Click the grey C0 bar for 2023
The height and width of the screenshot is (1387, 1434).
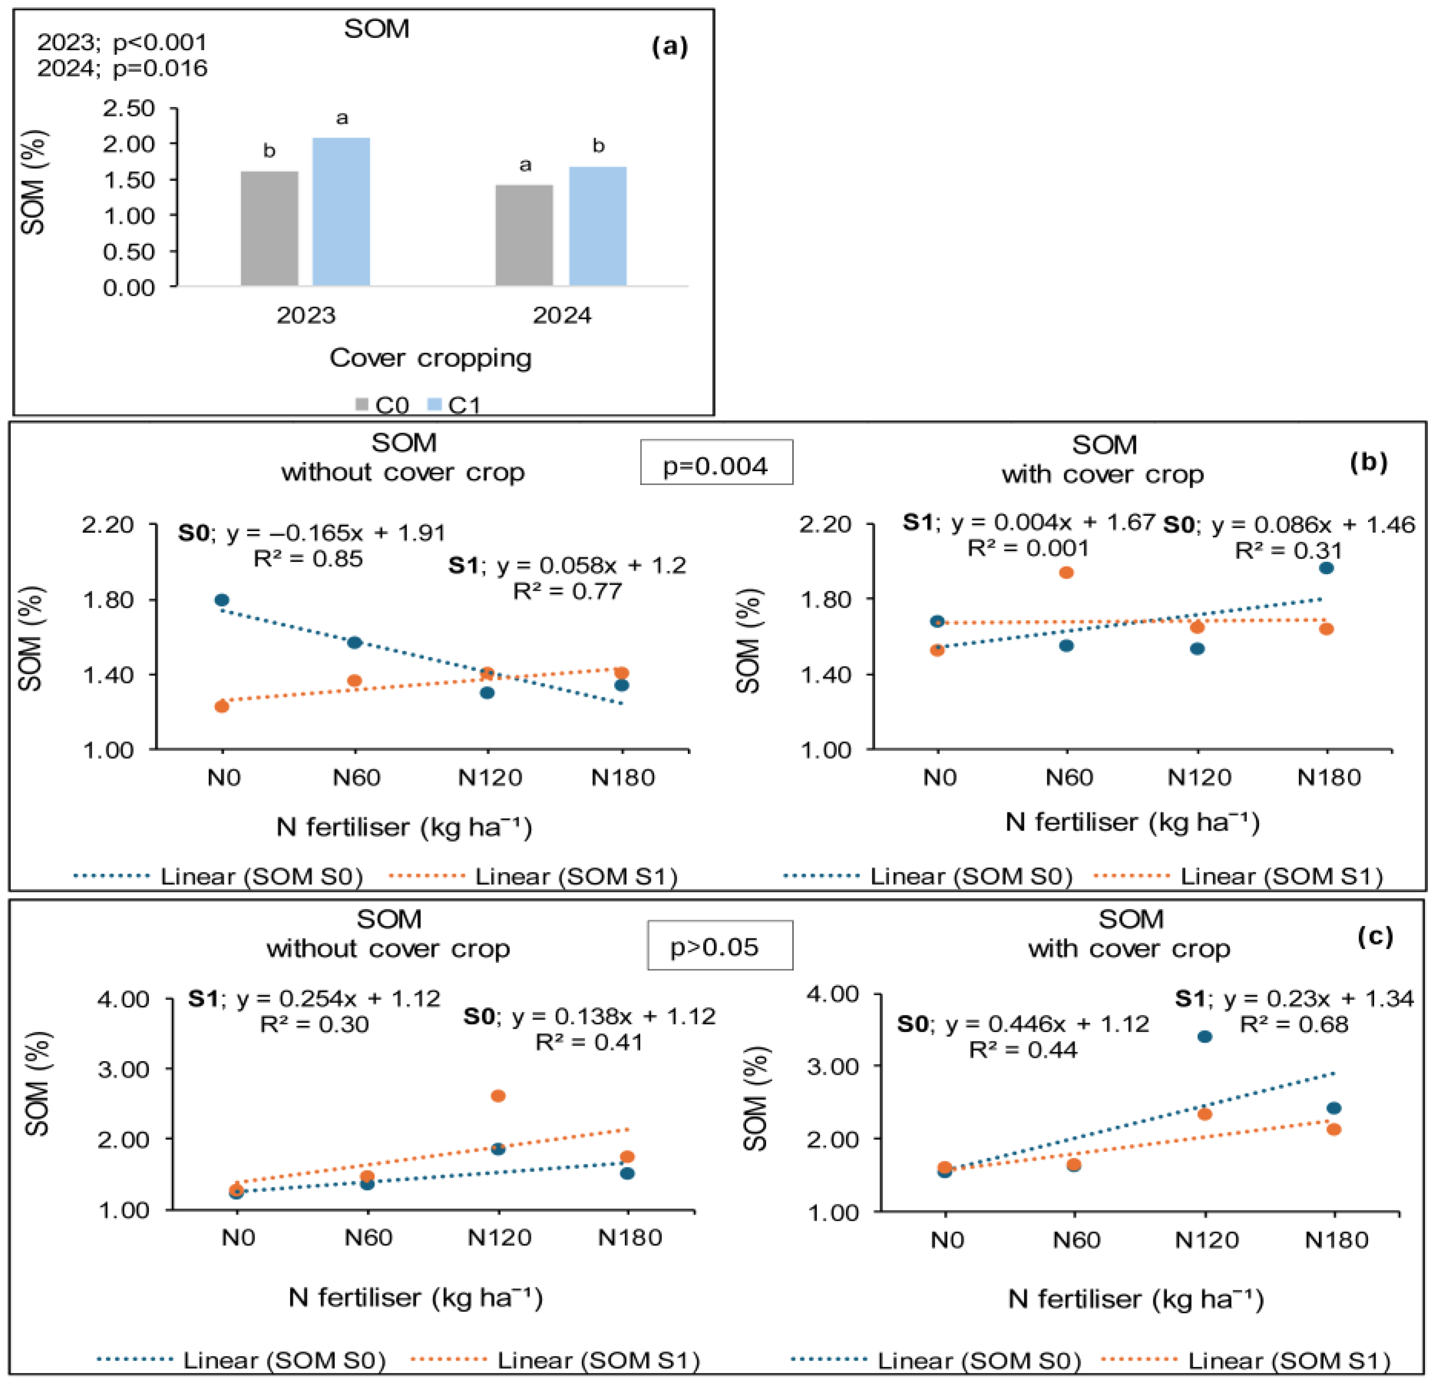[269, 228]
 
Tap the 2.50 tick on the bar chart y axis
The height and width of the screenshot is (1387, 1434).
[129, 108]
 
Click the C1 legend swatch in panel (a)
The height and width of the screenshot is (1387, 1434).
[435, 404]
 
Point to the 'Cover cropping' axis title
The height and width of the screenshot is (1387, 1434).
[430, 358]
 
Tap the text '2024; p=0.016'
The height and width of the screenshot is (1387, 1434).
[122, 68]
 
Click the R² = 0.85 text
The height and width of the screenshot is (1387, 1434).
[308, 559]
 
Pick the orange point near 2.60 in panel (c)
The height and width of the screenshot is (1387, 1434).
[498, 1096]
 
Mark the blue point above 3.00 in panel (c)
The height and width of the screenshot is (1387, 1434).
[1204, 1037]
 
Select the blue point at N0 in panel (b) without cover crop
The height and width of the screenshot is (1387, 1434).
[221, 600]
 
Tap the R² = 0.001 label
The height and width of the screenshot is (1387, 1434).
[1028, 548]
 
